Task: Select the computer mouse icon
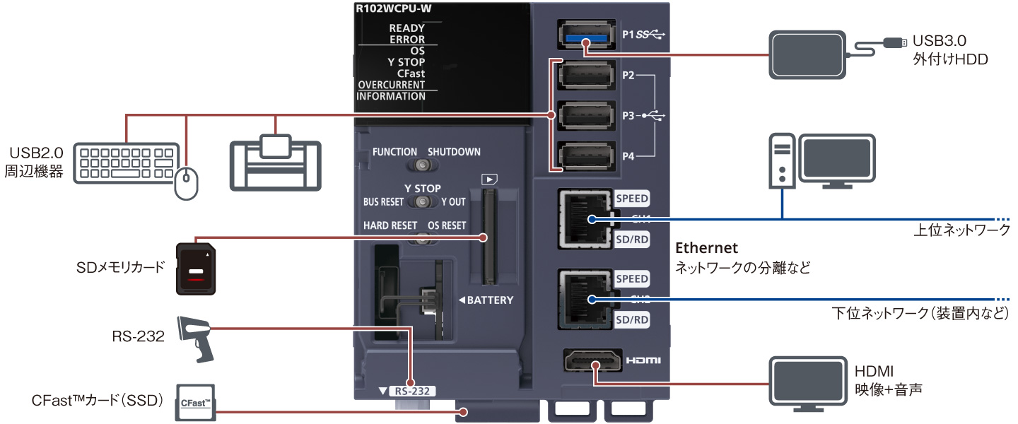(x=187, y=183)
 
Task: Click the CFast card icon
(x=195, y=403)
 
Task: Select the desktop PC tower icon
(x=782, y=161)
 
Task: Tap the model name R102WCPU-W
(x=393, y=10)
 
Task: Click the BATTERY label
(x=486, y=300)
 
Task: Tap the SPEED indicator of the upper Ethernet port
(x=631, y=199)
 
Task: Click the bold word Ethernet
(x=707, y=248)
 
